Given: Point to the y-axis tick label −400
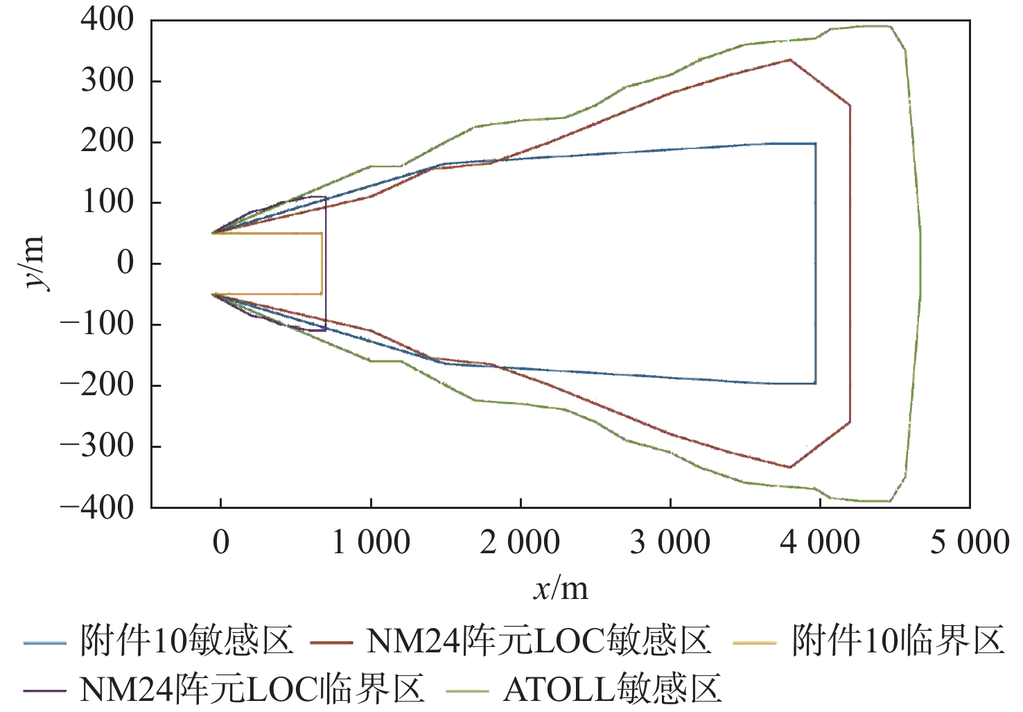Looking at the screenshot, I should click(x=97, y=507).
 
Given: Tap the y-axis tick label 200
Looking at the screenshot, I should click(x=107, y=141).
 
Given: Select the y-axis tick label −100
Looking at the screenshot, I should click(x=97, y=324).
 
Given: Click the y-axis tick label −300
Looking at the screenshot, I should click(x=97, y=446).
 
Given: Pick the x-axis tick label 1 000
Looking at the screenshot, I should click(x=371, y=542).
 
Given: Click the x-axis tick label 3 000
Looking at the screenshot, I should click(x=670, y=542).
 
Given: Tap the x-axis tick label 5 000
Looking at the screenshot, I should click(x=969, y=542).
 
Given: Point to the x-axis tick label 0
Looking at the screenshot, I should click(x=221, y=542).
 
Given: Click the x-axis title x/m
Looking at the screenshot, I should click(x=561, y=589).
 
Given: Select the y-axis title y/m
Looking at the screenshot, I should click(x=33, y=263).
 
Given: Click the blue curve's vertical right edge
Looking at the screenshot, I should click(x=815, y=263).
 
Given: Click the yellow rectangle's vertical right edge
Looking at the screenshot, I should click(x=322, y=263).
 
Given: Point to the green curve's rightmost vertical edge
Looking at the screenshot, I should click(x=920, y=263).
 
